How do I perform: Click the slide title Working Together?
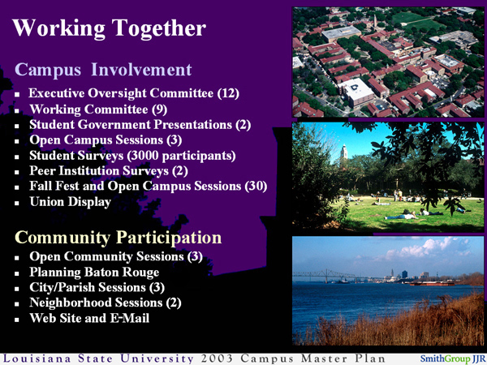(109, 29)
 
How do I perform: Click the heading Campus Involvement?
(103, 70)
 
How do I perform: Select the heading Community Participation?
(119, 238)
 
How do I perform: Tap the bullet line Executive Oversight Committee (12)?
(134, 94)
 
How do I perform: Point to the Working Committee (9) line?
(99, 109)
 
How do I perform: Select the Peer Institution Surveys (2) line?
(109, 171)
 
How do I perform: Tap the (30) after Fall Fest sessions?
(255, 187)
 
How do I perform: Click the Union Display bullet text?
(70, 202)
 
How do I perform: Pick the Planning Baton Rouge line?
(94, 272)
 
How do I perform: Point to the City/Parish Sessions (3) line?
(97, 287)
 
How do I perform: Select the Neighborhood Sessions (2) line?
(106, 303)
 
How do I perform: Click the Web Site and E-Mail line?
(89, 318)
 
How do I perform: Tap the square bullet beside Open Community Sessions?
(19, 258)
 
